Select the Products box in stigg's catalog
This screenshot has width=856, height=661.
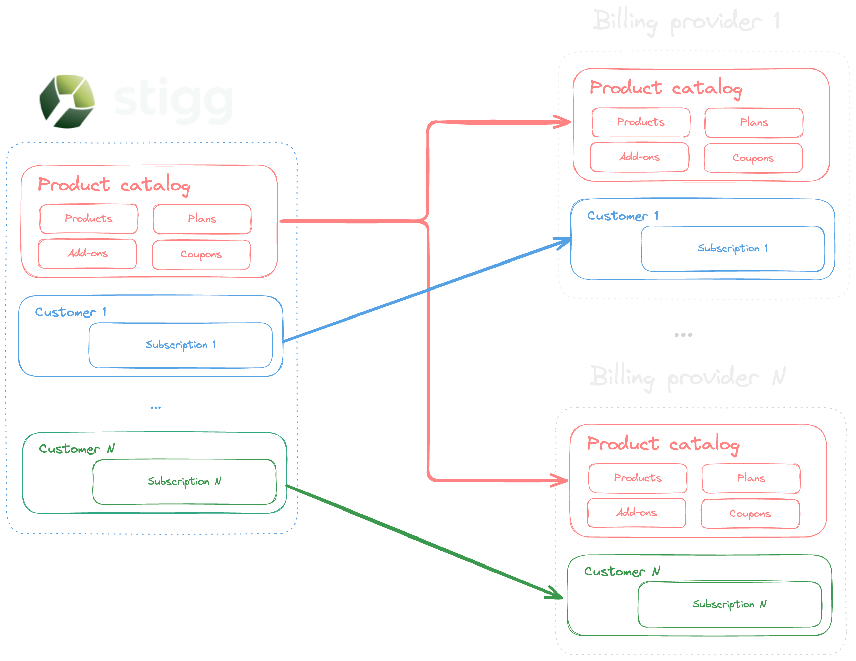88,218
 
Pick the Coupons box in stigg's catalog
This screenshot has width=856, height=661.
201,254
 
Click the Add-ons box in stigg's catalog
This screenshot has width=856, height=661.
87,253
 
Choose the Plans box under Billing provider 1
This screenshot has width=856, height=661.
753,122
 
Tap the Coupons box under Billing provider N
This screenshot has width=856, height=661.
750,513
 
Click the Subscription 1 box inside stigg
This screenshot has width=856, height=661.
180,345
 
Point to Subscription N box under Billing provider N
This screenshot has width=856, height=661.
729,604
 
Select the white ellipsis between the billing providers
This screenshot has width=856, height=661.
683,335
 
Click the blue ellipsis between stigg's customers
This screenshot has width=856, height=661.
156,408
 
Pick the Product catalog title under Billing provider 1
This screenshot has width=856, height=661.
666,88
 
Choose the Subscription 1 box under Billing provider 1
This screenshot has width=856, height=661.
732,248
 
